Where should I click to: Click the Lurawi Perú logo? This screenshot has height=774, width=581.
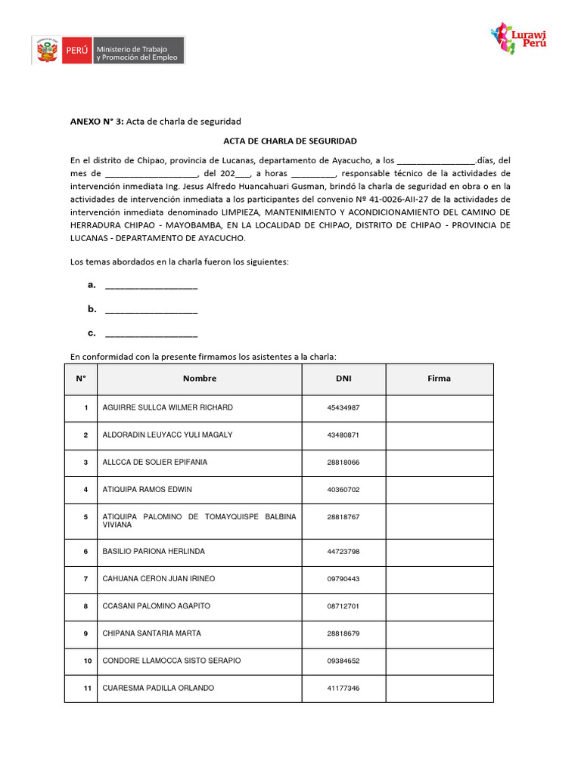[x=519, y=38]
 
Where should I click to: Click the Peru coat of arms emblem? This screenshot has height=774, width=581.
[x=46, y=51]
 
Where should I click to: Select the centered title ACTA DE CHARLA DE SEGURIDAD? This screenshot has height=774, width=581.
[x=290, y=141]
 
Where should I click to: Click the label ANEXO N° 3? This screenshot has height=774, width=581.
[x=97, y=121]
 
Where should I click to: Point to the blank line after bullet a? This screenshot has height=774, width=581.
[x=151, y=286]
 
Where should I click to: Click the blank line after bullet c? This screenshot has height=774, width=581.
[x=151, y=334]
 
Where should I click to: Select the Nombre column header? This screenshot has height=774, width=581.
[x=200, y=379]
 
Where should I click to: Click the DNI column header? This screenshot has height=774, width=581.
[x=343, y=379]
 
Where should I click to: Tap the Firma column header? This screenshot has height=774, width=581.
[x=439, y=379]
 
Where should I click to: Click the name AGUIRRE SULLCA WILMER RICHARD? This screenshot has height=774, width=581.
[x=167, y=408]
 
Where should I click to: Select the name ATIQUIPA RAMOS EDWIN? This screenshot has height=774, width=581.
[x=147, y=490]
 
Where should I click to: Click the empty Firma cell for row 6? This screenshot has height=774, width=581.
[x=439, y=552]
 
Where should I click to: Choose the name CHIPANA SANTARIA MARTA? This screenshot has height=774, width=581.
[x=151, y=633]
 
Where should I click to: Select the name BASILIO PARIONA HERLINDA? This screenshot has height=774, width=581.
[x=154, y=552]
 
